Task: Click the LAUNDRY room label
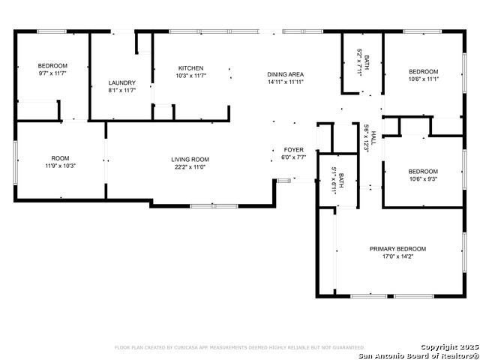[x=121, y=82]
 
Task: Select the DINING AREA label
[x=286, y=74]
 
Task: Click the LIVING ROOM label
[x=190, y=159]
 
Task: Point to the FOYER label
[x=293, y=150]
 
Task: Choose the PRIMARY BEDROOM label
[x=397, y=249]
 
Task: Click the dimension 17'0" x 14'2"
[x=397, y=256]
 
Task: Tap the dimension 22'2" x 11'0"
[x=190, y=166]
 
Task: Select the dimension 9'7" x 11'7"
[x=53, y=73]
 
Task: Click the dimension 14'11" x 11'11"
[x=286, y=82]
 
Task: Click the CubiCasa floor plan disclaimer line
[x=239, y=347]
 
